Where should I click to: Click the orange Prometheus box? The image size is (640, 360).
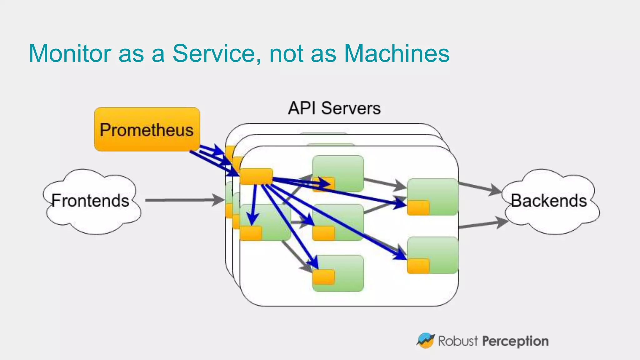pos(147,129)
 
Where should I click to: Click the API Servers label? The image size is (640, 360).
pos(334,108)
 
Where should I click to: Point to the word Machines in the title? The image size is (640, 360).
pos(397,53)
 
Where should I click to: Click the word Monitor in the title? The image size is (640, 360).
pos(70,53)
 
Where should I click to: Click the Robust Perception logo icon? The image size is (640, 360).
pos(425,341)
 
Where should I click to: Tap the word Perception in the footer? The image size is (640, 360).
pos(515,341)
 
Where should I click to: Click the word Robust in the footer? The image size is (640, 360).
pos(458,341)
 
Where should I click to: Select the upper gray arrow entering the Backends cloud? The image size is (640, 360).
pos(480,188)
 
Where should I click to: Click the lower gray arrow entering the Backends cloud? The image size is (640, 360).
pos(483,224)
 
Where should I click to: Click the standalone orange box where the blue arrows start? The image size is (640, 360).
pos(256,176)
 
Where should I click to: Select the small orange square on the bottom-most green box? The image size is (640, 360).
pos(323,277)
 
